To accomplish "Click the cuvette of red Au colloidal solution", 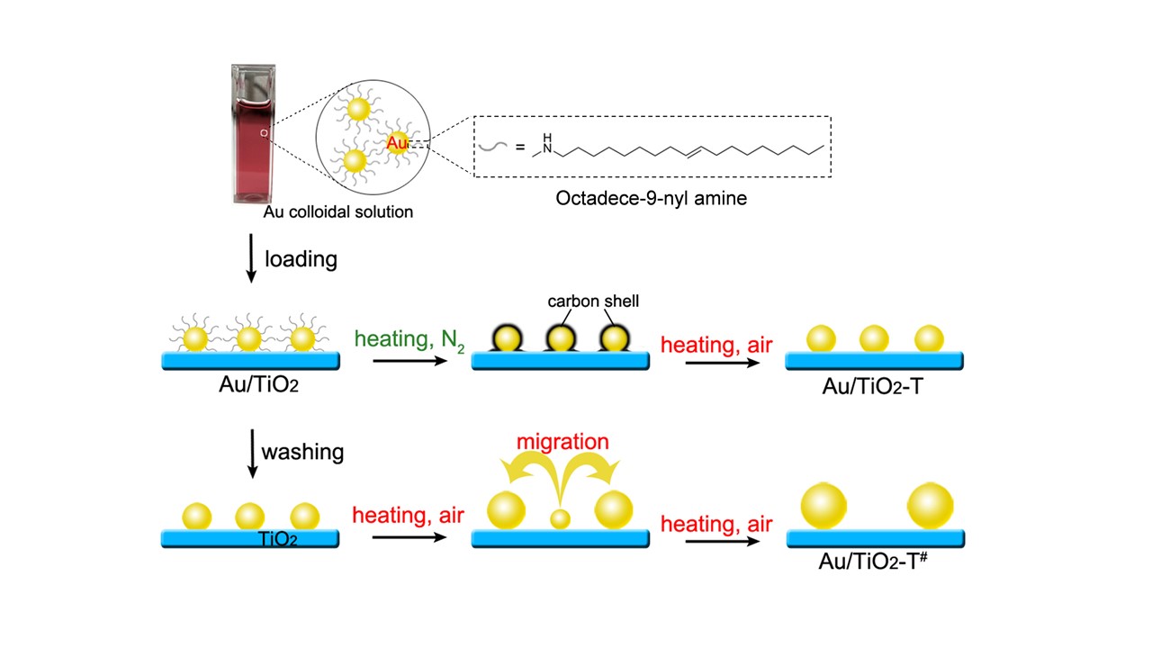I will tap(252, 135).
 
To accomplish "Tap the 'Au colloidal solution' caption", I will tap(338, 212).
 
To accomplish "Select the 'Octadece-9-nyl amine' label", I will tap(652, 198).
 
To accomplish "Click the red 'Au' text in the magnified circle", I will tap(397, 142).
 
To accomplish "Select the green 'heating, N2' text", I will tap(409, 340).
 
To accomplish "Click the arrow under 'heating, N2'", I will tap(410, 362).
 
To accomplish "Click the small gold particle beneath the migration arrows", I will tap(561, 518).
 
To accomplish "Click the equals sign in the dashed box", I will tap(521, 148).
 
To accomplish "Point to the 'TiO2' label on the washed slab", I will tap(279, 539).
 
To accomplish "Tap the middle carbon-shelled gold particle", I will tap(560, 338).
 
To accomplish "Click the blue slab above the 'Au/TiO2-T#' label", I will tap(876, 538).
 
